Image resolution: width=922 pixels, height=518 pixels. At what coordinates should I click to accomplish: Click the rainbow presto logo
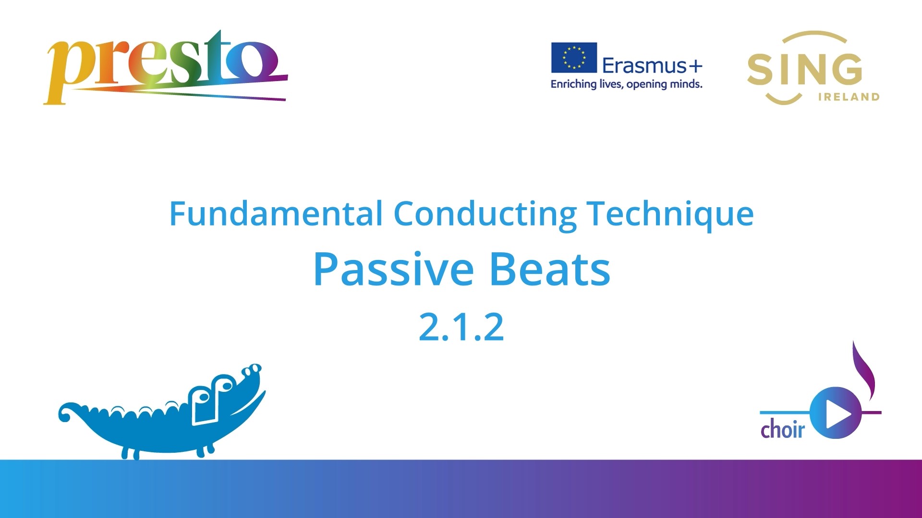[x=166, y=67]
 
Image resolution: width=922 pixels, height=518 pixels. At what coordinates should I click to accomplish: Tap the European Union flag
[x=574, y=58]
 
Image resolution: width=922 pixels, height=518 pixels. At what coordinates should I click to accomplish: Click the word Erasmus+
[x=652, y=65]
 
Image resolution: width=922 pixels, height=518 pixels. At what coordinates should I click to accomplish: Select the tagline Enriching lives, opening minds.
[x=626, y=84]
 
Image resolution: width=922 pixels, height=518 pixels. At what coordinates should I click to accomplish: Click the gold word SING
[x=804, y=70]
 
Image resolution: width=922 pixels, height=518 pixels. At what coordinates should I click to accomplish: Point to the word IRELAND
[x=849, y=97]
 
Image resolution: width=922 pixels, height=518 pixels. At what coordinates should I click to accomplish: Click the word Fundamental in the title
[x=276, y=213]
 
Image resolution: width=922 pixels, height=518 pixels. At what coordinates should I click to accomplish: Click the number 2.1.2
[x=461, y=327]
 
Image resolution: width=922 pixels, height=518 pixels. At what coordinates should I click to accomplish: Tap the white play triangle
[x=838, y=413]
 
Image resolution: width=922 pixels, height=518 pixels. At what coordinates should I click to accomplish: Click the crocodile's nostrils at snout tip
[x=252, y=370]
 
